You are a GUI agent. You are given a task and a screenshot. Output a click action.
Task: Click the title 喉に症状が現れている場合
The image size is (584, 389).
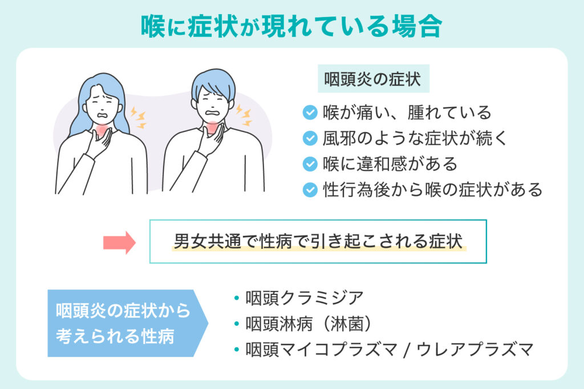(291, 26)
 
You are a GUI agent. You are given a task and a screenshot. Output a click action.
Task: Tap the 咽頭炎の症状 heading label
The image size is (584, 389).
(372, 80)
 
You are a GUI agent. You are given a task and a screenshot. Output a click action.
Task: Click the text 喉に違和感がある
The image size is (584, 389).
(390, 164)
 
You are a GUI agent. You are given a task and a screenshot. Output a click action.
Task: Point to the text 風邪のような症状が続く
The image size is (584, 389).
(413, 138)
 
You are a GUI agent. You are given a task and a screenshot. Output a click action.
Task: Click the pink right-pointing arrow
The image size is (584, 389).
(119, 242)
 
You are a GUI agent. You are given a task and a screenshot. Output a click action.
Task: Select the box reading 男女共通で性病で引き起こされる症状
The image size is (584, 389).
(318, 241)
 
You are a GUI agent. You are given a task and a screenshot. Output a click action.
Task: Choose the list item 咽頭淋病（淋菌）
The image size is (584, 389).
(309, 324)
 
